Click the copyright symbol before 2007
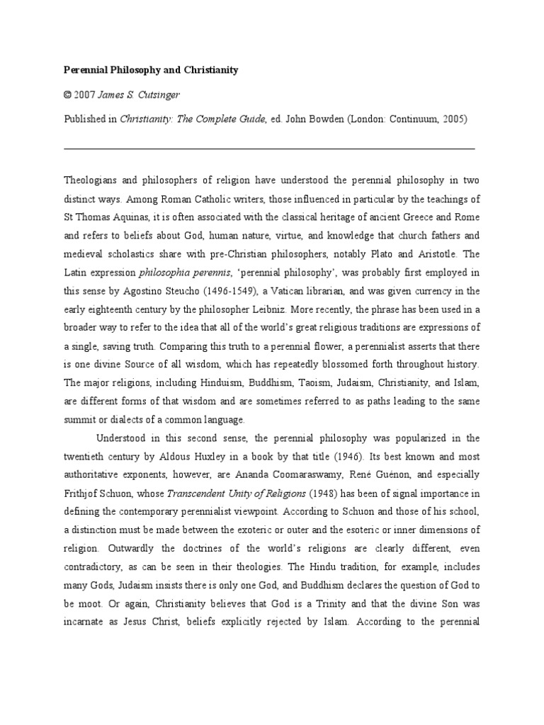click(68, 95)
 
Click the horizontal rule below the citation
click(269, 149)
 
